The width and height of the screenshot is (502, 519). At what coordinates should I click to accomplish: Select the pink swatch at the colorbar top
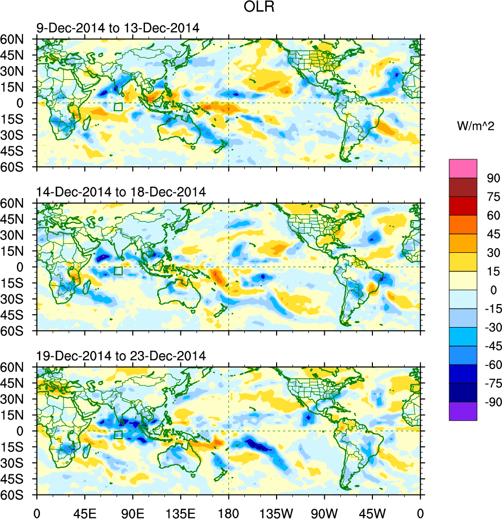click(x=463, y=168)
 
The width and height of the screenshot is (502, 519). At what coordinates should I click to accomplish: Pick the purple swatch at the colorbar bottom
click(x=463, y=412)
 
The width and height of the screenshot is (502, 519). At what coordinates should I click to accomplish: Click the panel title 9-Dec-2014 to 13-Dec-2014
click(x=118, y=28)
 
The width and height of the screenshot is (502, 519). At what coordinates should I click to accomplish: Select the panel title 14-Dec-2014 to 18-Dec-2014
click(x=121, y=192)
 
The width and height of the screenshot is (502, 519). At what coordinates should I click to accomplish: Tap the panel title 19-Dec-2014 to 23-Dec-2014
click(x=121, y=356)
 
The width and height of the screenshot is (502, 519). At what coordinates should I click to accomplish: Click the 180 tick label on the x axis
click(x=228, y=511)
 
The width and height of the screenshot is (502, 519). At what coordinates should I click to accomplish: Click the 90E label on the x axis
click(x=133, y=511)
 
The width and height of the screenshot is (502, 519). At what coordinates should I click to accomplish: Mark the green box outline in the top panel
click(x=118, y=106)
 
